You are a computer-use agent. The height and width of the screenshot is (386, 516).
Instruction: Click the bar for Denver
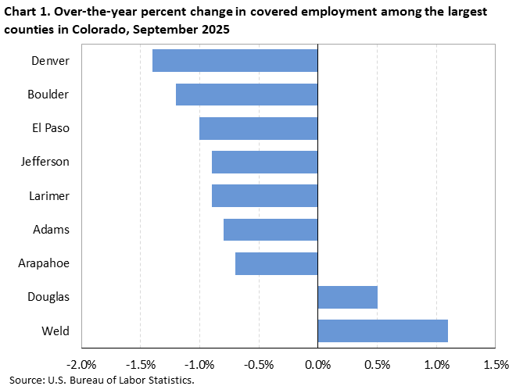point(235,60)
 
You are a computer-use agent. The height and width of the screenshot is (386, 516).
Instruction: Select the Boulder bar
point(246,94)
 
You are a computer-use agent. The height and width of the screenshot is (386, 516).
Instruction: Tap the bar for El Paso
point(258,128)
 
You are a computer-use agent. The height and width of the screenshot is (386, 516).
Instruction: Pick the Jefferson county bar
point(264,162)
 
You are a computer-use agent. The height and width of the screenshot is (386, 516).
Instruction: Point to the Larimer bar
point(264,195)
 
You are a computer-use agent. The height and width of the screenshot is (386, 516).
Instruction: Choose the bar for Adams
point(271,230)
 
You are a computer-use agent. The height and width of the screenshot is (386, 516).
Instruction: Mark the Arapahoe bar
point(276,263)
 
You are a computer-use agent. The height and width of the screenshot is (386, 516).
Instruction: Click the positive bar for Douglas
point(347,297)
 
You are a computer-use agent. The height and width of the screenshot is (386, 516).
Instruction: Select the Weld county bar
point(382,331)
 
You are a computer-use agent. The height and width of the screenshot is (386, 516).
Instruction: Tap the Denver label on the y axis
point(51,60)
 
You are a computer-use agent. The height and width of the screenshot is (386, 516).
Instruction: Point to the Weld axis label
point(56,331)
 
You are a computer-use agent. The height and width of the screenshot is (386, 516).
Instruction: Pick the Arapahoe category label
point(44,263)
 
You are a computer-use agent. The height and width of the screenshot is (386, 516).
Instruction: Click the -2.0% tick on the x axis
point(81,364)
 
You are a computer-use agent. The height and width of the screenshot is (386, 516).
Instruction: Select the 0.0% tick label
point(317,364)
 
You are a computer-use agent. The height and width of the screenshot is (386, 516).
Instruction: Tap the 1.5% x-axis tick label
point(496,364)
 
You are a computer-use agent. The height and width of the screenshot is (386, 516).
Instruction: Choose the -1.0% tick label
point(199,364)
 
